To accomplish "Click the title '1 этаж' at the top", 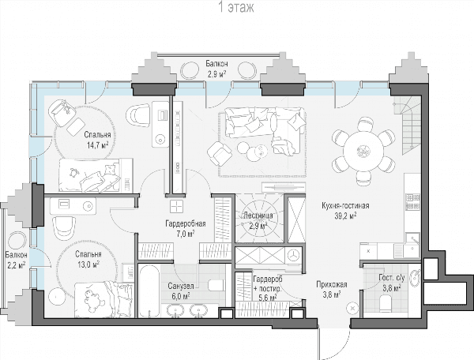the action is [236, 8].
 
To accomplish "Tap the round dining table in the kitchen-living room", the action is [363, 151].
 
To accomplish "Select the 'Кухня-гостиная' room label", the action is [345, 206].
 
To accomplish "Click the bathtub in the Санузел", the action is [149, 291].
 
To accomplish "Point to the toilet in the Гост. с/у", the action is [386, 303].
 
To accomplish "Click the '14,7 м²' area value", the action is [97, 145].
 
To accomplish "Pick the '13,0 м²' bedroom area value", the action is [88, 264].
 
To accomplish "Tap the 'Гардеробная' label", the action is [186, 223].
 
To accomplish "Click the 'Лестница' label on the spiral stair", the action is [258, 216].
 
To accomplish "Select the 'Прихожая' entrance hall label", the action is [332, 284].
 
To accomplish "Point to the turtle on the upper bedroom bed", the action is [73, 172].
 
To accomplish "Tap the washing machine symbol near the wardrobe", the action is [293, 255].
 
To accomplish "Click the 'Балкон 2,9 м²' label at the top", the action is [216, 69].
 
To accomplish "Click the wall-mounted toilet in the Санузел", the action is [216, 285].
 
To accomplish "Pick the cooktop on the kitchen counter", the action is [412, 202].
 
